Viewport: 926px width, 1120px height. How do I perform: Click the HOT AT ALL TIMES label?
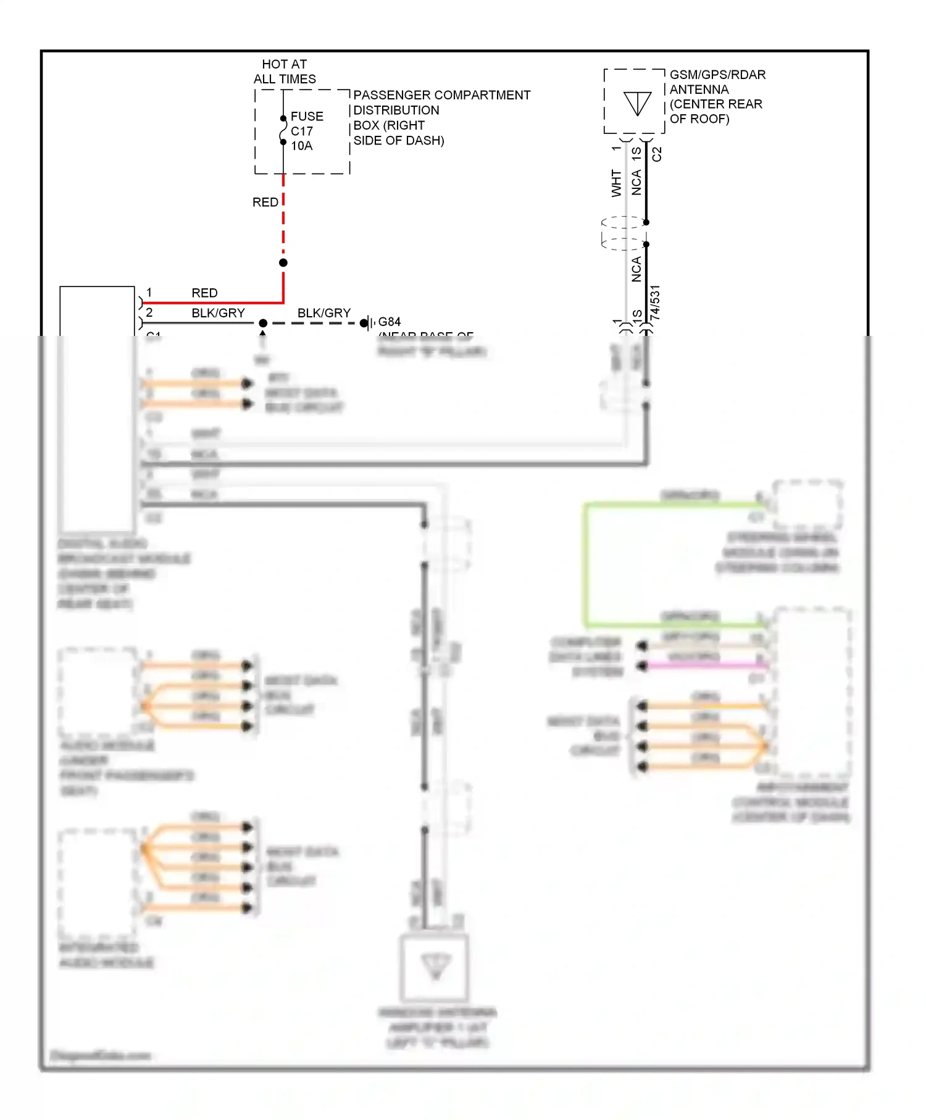pyautogui.click(x=285, y=72)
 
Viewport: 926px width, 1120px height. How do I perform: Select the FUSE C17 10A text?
pyautogui.click(x=307, y=131)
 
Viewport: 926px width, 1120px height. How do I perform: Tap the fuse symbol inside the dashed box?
pyautogui.click(x=283, y=130)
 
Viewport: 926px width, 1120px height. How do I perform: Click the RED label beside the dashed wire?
pyautogui.click(x=265, y=203)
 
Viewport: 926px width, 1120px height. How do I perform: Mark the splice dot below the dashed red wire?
pyautogui.click(x=283, y=262)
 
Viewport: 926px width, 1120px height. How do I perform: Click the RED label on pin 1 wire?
pyautogui.click(x=204, y=293)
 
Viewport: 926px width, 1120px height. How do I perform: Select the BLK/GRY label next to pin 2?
pyautogui.click(x=218, y=313)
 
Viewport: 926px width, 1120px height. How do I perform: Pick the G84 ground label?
pyautogui.click(x=389, y=322)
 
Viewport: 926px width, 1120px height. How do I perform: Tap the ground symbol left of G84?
pyautogui.click(x=368, y=322)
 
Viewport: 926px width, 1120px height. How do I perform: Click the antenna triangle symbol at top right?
pyautogui.click(x=637, y=102)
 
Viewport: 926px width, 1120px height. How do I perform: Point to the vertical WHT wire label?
pyautogui.click(x=616, y=183)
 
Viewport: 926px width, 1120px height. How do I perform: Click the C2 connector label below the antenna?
pyautogui.click(x=657, y=154)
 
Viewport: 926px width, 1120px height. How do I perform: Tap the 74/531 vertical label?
pyautogui.click(x=656, y=303)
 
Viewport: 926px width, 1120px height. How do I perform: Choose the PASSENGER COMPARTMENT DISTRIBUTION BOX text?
pyautogui.click(x=441, y=117)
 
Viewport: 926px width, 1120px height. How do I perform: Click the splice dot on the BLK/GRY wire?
pyautogui.click(x=263, y=323)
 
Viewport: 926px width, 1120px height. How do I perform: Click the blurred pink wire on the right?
pyautogui.click(x=704, y=666)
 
